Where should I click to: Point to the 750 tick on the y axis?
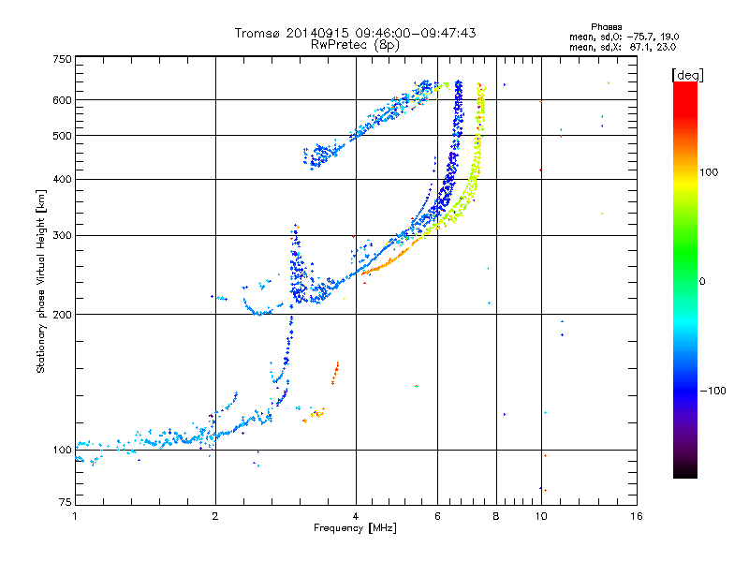click(x=62, y=59)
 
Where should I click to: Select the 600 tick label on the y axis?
click(x=62, y=99)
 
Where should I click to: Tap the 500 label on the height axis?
click(x=62, y=135)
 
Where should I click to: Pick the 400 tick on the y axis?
click(x=62, y=179)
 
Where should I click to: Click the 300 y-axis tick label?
click(x=62, y=235)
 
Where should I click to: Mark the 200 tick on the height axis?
click(x=62, y=314)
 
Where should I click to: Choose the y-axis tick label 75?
click(x=65, y=505)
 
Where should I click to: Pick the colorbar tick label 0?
click(x=705, y=281)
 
